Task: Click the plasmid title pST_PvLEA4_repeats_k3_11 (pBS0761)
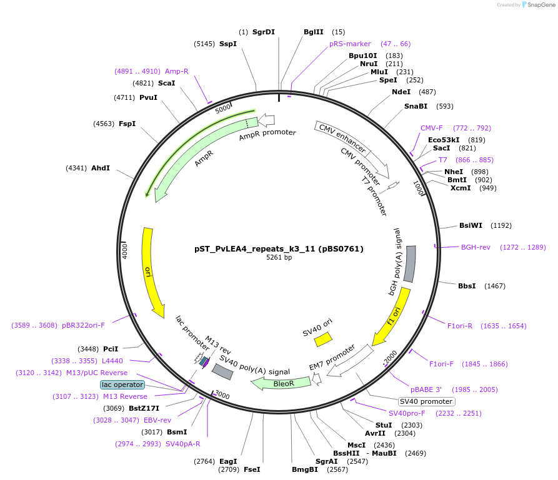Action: tap(279, 248)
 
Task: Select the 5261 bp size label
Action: tap(279, 257)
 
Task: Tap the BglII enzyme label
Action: tap(314, 32)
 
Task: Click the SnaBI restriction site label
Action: tap(416, 106)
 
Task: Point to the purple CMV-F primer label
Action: tap(431, 128)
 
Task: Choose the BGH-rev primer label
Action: tap(476, 247)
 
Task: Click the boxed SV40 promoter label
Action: tap(426, 401)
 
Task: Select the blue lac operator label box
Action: tap(122, 384)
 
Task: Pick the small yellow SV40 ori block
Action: tap(323, 339)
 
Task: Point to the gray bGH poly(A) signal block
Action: tap(409, 263)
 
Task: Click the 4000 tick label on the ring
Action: tap(124, 251)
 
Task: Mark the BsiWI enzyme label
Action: tap(471, 225)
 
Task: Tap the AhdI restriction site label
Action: tap(101, 168)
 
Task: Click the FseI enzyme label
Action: tap(252, 469)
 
